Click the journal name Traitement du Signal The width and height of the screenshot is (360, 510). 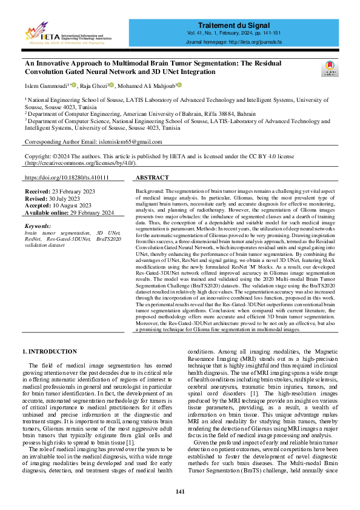coord(240,23)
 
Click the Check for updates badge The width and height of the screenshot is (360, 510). coord(328,68)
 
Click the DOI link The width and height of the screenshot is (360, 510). coord(67,178)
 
